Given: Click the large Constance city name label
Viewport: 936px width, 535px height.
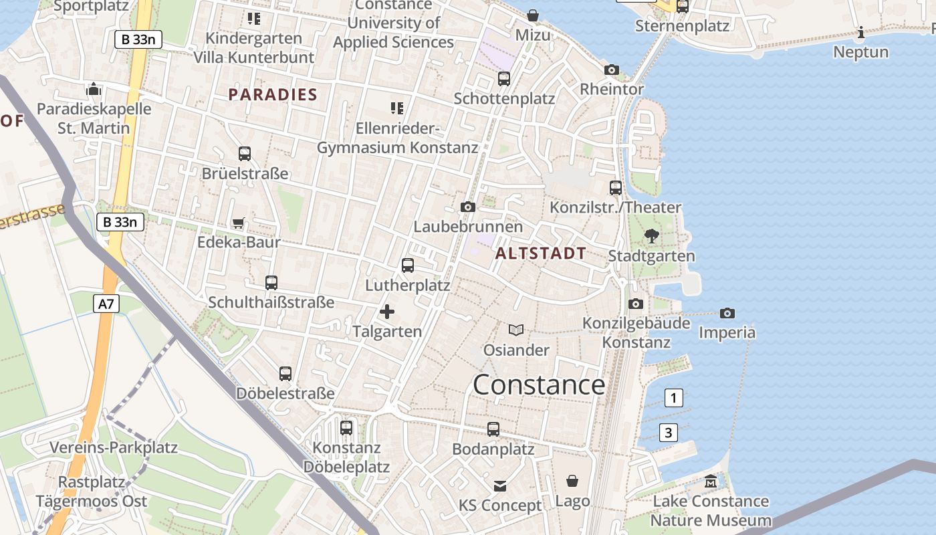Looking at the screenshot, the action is tap(539, 385).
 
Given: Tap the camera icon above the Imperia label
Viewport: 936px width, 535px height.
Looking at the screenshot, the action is tap(727, 313).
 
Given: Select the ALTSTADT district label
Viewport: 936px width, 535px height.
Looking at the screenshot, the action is tap(541, 253).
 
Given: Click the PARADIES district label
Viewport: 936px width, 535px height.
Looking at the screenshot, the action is tap(273, 94).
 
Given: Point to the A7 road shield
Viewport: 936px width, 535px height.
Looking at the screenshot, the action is tap(106, 304).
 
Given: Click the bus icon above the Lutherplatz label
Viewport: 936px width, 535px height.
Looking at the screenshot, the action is tap(408, 265).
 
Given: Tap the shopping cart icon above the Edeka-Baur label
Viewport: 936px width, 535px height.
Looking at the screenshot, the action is tap(238, 223).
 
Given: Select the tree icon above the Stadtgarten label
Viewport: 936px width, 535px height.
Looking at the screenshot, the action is tap(651, 235).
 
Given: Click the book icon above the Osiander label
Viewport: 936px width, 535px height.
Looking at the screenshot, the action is tap(516, 330).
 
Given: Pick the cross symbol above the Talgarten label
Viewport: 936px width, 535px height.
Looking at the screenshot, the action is tap(387, 312).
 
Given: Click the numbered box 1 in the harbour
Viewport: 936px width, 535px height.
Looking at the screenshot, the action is tap(673, 398).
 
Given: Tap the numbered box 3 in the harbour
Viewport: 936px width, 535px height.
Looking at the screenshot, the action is tap(668, 433).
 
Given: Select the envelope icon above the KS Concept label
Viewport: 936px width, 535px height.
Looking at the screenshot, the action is tap(500, 486).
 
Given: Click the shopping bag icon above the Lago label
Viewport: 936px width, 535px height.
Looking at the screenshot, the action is tap(572, 481).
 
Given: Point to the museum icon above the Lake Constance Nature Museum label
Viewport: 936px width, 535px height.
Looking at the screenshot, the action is tap(710, 481).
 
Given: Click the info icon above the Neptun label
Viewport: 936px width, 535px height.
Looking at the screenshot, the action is tap(861, 32).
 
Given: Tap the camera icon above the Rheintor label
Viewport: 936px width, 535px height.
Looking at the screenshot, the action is tap(611, 70).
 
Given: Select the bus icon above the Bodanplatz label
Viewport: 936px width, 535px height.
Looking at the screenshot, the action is tap(493, 429).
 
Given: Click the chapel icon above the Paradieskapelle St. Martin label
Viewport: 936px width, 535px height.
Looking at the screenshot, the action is tap(94, 89).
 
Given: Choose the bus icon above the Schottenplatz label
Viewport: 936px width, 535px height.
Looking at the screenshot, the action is tap(504, 79).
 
